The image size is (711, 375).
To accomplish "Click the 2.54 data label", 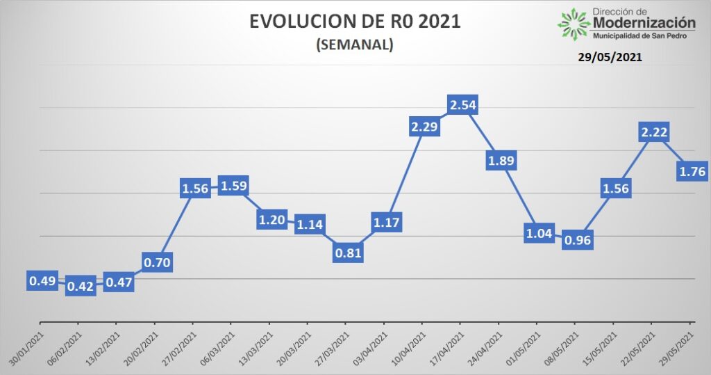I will click(462, 106).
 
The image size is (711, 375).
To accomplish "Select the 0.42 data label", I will click(80, 286).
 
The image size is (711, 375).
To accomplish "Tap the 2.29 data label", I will click(424, 127).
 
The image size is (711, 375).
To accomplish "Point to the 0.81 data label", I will click(348, 253).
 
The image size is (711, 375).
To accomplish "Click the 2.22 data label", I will click(653, 131).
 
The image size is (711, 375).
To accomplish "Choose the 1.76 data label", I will click(691, 170).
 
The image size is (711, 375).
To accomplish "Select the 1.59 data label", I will click(233, 186).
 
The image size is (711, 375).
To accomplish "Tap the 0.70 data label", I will click(157, 262).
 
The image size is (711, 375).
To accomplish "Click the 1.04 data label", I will click(539, 233).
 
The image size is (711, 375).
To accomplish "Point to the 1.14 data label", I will click(310, 224).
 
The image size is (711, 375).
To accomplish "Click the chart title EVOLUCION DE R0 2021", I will click(355, 22).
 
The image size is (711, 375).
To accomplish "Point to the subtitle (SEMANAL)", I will click(355, 45).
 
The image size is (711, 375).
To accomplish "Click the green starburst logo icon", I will click(574, 23).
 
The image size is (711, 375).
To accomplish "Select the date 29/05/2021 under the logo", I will click(610, 58).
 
